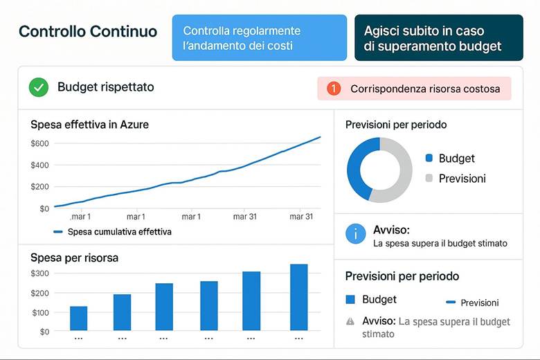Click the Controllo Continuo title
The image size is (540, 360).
88,32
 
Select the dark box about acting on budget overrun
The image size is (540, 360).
438,38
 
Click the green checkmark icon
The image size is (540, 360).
39,88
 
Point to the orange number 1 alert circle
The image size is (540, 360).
333,89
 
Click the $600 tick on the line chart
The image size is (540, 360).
39,143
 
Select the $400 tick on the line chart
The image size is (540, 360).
39,165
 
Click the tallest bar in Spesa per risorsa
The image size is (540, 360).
299,296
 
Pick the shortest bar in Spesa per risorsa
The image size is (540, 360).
79,318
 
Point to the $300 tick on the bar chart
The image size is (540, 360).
40,273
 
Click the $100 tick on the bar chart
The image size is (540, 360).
40,312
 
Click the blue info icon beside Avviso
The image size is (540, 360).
356,234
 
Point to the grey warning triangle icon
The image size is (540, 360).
350,321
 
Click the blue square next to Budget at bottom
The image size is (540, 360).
350,300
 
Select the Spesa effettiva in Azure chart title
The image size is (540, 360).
89,125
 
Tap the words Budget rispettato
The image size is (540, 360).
105,87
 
